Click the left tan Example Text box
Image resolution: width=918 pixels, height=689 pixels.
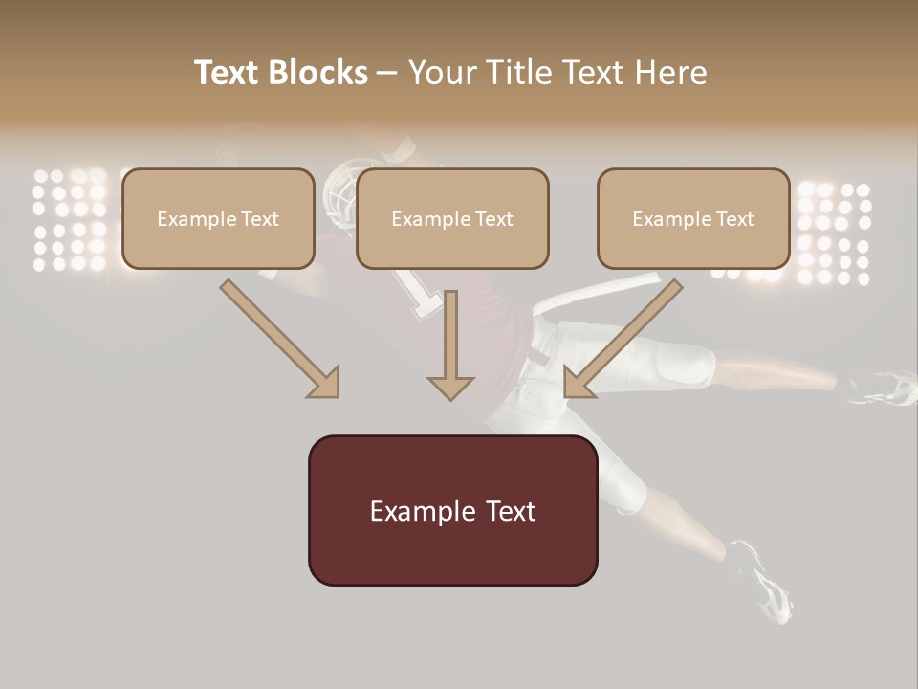[x=218, y=218]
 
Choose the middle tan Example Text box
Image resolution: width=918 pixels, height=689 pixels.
[x=452, y=218]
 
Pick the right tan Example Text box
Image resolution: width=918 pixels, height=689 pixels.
[x=693, y=218]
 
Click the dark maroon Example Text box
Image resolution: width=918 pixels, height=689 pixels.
[x=452, y=510]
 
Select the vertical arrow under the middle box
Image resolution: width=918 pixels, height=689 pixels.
[x=450, y=349]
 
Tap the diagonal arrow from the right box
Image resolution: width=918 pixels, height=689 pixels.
[x=622, y=340]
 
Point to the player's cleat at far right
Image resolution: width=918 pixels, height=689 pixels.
[x=885, y=387]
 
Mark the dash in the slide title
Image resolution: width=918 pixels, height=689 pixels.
[x=388, y=73]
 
